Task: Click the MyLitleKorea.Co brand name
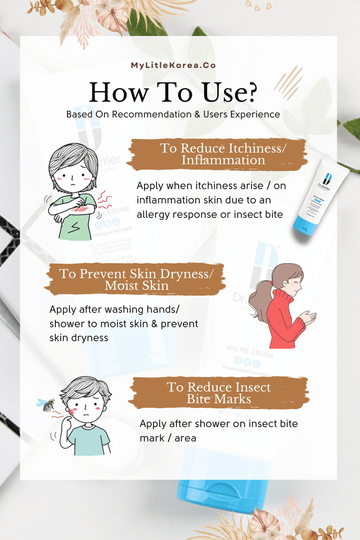pyautogui.click(x=180, y=65)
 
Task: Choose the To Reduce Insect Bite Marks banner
pyautogui.click(x=219, y=393)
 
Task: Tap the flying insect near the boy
pyautogui.click(x=46, y=404)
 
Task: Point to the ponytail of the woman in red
pyautogui.click(x=259, y=301)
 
